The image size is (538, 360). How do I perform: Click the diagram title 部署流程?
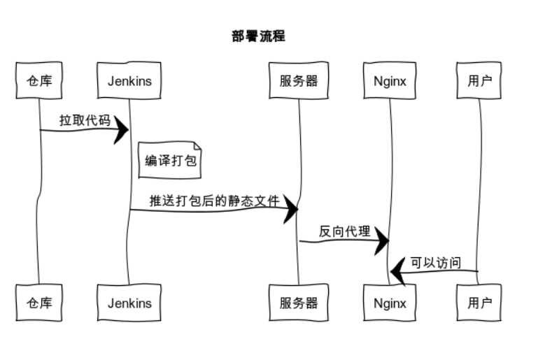pos(258,36)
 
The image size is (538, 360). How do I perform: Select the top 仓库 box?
pos(39,80)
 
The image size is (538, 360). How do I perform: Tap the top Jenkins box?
pos(129,80)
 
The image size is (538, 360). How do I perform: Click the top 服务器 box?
pos(299,80)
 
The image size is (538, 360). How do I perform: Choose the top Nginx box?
pos(390,80)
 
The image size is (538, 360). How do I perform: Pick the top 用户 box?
pos(479,80)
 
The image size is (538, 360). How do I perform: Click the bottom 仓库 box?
pos(39,303)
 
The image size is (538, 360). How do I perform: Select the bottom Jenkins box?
pos(129,303)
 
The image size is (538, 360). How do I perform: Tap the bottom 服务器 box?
pos(299,303)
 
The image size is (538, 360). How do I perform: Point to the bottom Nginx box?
pos(390,303)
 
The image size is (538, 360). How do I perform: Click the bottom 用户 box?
pos(479,303)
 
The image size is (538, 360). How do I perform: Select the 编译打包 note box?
pos(170,160)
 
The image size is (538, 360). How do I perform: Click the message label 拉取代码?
pos(85,120)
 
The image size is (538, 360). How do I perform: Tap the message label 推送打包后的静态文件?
pos(215,201)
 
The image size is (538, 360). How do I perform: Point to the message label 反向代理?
pos(344,231)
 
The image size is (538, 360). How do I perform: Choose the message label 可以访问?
pos(436,263)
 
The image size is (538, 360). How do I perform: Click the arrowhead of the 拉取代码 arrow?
pos(121,130)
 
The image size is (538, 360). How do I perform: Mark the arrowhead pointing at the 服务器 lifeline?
pos(290,209)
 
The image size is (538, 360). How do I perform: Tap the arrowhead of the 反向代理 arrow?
pos(381,240)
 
